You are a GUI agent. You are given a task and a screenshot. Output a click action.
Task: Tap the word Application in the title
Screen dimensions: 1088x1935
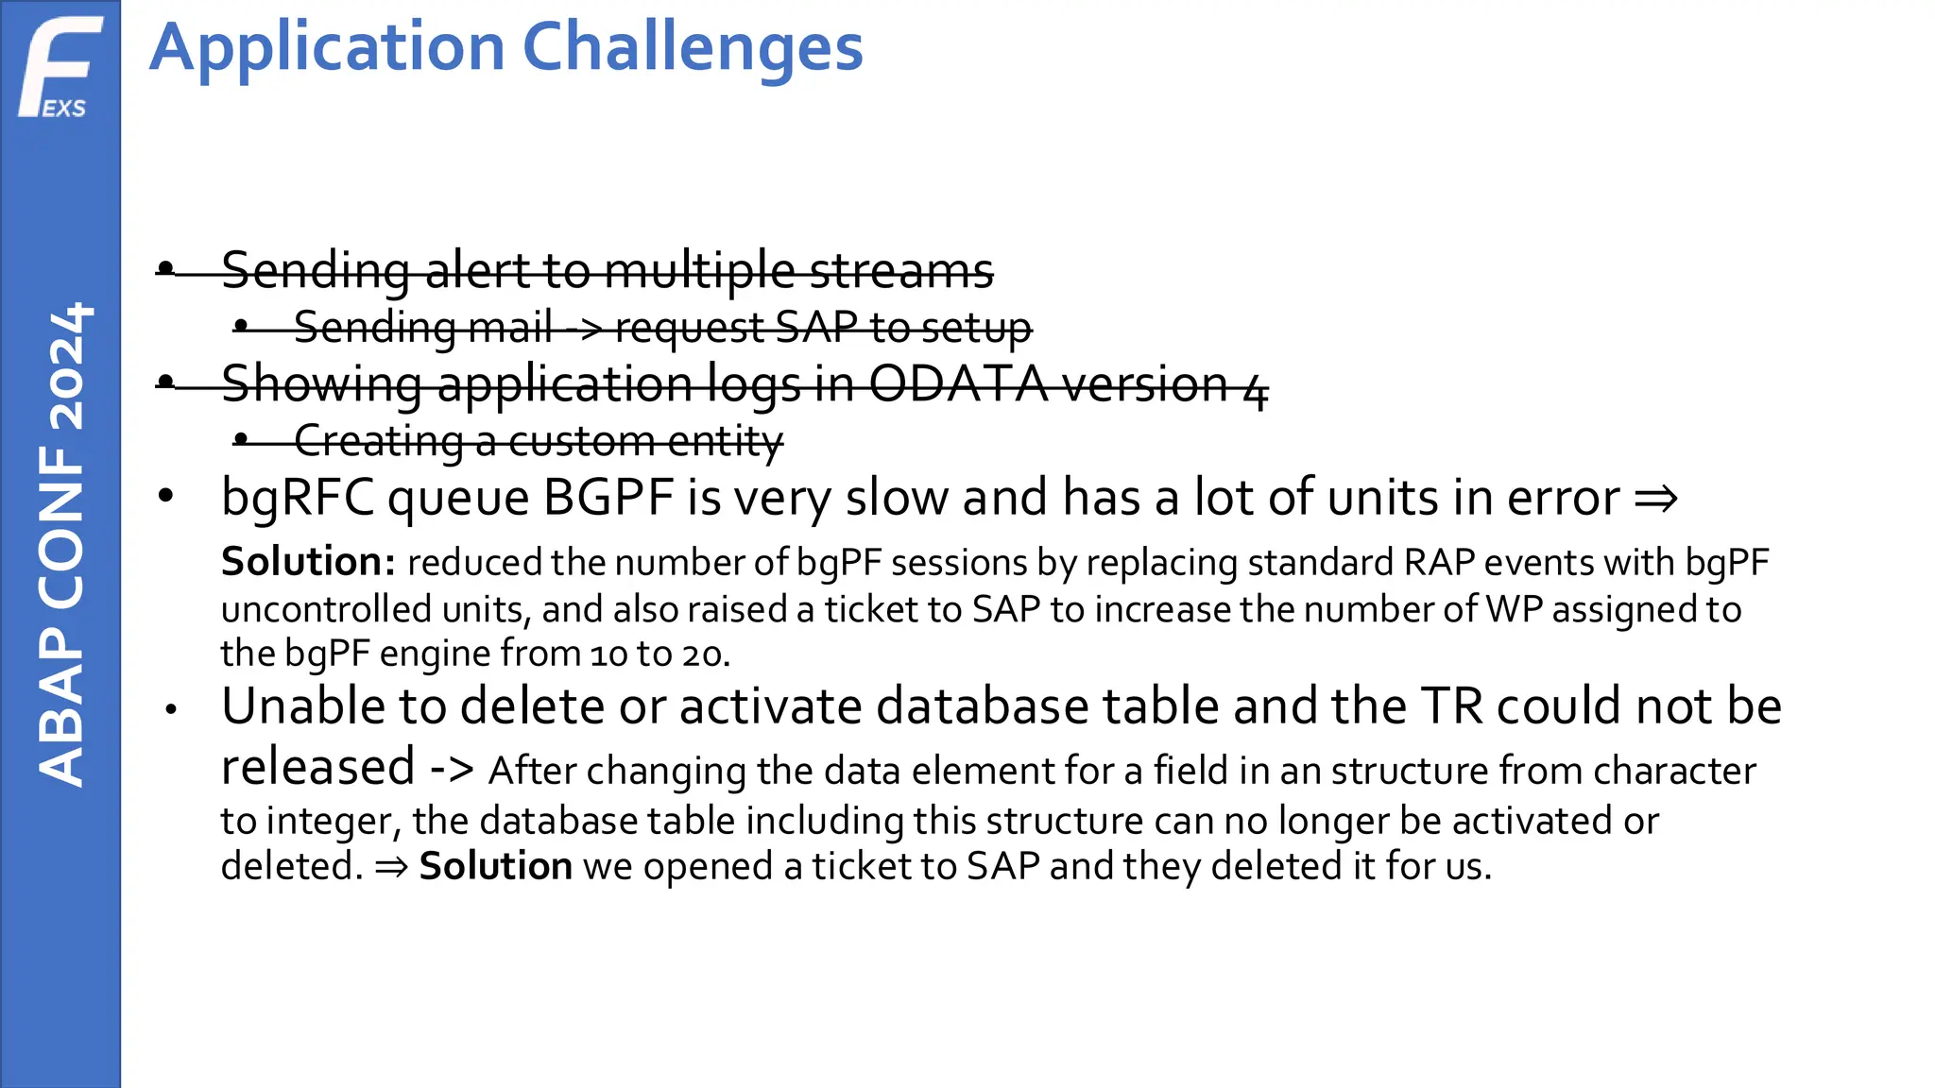tap(327, 49)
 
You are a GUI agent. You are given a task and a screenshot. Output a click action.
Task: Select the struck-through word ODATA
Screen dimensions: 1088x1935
tap(957, 384)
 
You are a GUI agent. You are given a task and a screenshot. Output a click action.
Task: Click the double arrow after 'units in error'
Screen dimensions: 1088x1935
tap(1655, 498)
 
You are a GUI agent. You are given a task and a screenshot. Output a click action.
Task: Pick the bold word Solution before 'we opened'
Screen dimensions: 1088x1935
tap(495, 866)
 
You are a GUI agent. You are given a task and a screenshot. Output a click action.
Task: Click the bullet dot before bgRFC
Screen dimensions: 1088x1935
tap(166, 496)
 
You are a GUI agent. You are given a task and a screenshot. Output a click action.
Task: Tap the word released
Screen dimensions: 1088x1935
tap(317, 766)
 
